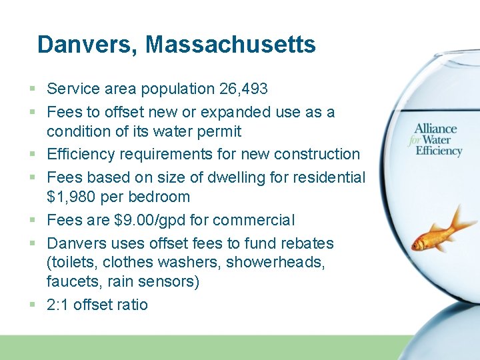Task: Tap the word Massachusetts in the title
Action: coord(231,45)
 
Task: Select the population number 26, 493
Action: coord(242,89)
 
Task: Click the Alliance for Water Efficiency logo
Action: coord(437,139)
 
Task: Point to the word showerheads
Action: coord(276,262)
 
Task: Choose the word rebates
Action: coord(304,243)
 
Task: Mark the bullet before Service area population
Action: coord(33,89)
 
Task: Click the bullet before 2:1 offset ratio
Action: coord(33,305)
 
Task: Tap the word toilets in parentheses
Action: coord(71,262)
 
